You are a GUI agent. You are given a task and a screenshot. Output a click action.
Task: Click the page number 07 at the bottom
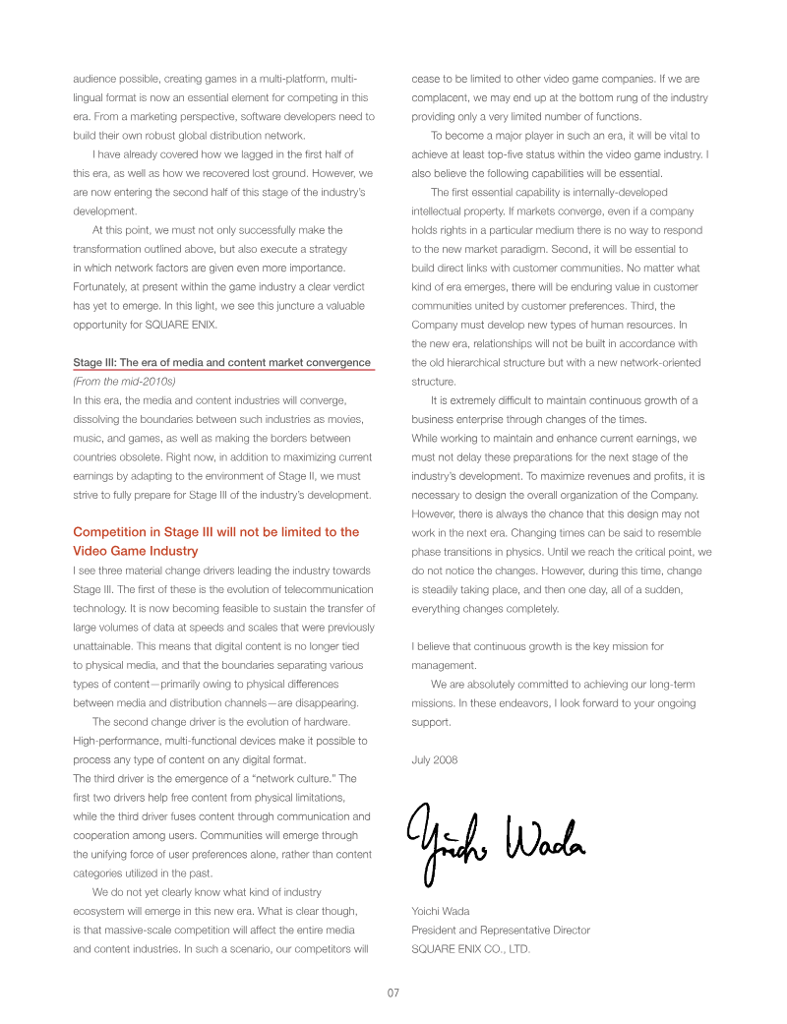pyautogui.click(x=393, y=994)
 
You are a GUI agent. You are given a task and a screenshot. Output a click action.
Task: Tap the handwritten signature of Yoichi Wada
pyautogui.click(x=497, y=837)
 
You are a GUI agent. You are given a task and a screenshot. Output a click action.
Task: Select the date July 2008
pyautogui.click(x=434, y=759)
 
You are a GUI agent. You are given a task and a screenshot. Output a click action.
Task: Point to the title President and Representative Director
pyautogui.click(x=501, y=930)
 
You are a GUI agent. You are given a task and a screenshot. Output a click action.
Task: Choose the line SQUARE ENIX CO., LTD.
pyautogui.click(x=470, y=949)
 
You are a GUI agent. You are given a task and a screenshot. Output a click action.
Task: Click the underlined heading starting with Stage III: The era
pyautogui.click(x=222, y=362)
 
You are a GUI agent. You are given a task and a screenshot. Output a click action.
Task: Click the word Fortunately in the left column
pyautogui.click(x=104, y=286)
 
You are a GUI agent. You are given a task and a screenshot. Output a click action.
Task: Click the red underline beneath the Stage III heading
pyautogui.click(x=224, y=371)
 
